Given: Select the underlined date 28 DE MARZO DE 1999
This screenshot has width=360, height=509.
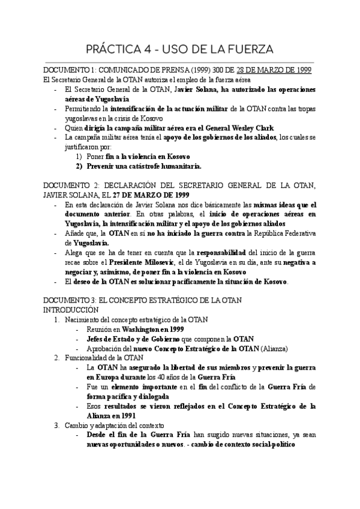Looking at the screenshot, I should (274, 70).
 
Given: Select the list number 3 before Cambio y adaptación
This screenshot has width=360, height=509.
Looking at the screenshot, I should (57, 426).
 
